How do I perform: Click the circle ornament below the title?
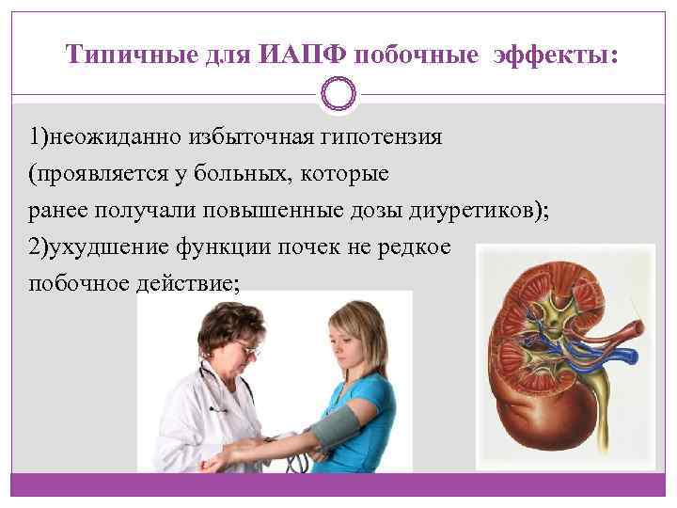coord(338,94)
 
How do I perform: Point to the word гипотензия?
coord(385,138)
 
